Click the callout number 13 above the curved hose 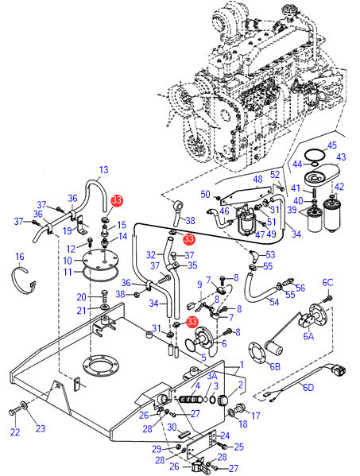click(x=103, y=170)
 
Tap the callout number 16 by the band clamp click(x=20, y=257)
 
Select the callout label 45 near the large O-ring click(x=331, y=145)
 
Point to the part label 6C click(x=327, y=283)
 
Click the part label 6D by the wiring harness click(x=308, y=387)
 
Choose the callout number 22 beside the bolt click(x=15, y=431)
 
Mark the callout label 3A click(x=212, y=376)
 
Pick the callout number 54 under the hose click(x=274, y=302)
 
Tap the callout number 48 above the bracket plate click(x=257, y=180)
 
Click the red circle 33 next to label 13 click(x=117, y=201)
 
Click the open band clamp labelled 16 click(x=25, y=280)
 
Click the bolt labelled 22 click(x=14, y=412)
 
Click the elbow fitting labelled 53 click(x=254, y=256)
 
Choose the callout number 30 click(x=172, y=427)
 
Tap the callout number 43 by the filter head click(x=341, y=157)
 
